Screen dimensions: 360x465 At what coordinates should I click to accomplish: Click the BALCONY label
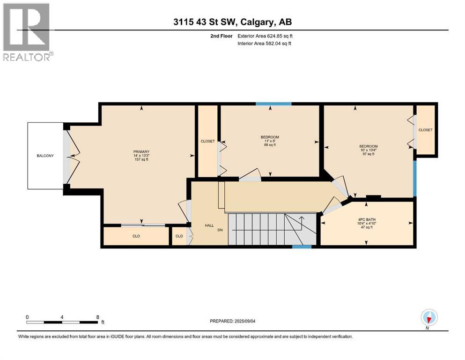click(x=45, y=156)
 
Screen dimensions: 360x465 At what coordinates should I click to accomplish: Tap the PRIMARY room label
click(x=141, y=151)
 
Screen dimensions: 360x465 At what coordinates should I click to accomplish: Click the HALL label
click(x=209, y=225)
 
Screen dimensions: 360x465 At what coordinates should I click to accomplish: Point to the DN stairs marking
click(x=220, y=231)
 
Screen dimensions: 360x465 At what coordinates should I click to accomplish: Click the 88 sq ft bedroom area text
click(x=270, y=145)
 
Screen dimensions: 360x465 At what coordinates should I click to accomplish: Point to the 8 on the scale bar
click(x=97, y=317)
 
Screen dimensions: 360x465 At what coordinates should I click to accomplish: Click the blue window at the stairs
click(x=302, y=246)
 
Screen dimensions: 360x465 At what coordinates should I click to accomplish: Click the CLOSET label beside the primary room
click(x=207, y=141)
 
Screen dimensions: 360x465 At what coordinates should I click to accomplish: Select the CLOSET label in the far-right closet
click(x=425, y=130)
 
